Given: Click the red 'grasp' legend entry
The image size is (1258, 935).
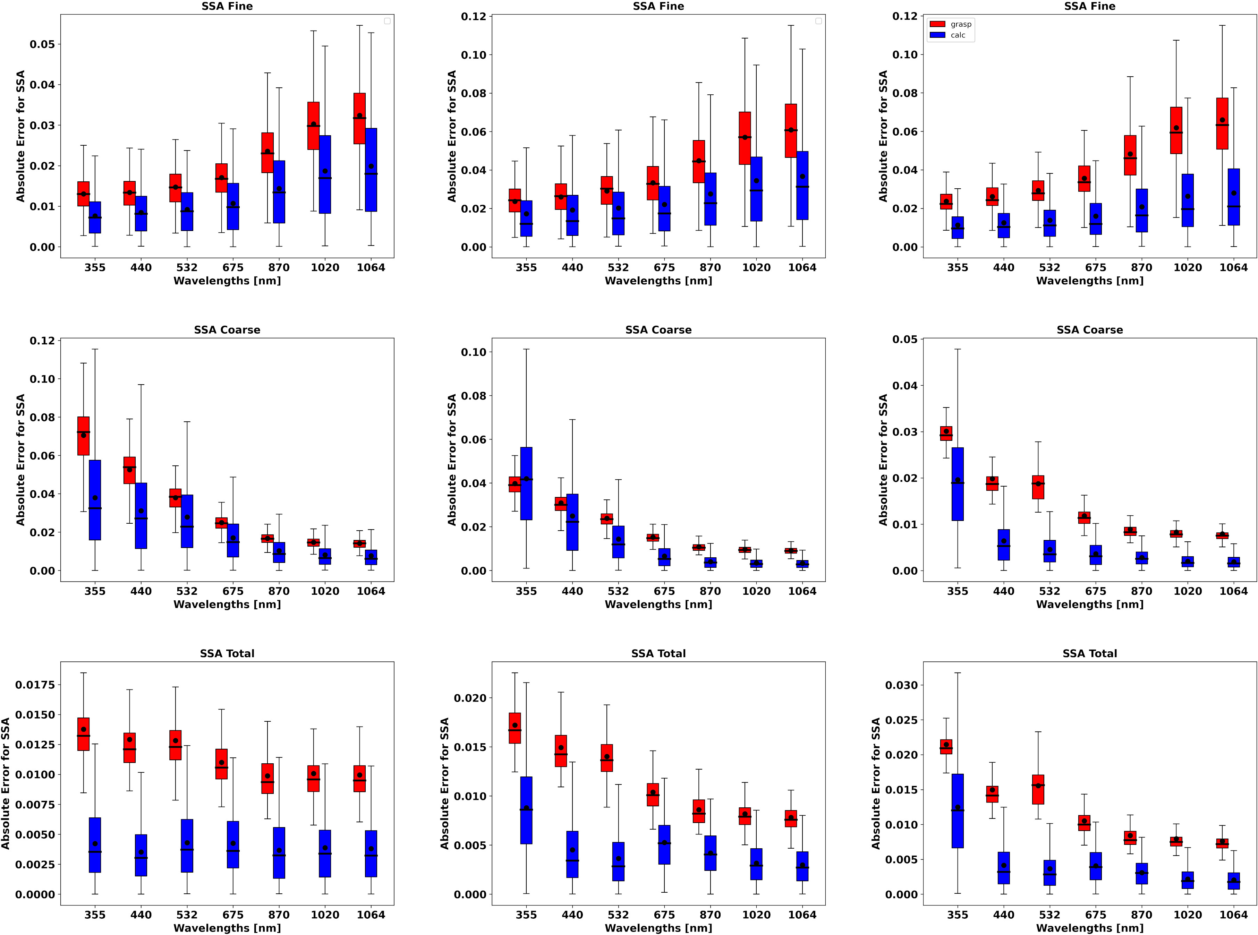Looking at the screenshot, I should [x=951, y=24].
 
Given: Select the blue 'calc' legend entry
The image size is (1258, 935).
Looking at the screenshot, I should [x=951, y=35].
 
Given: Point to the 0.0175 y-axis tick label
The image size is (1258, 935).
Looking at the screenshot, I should [x=35, y=685].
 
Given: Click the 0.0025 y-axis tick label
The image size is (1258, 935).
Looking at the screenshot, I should [x=35, y=864].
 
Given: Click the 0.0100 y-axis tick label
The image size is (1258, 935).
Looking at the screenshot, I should [x=35, y=774].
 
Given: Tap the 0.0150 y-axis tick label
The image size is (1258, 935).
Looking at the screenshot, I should [x=35, y=714].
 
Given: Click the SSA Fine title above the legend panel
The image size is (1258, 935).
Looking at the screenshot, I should [x=1089, y=6].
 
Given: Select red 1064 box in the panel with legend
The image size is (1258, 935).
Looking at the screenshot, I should [x=1222, y=123].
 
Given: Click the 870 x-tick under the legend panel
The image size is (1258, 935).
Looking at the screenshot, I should [x=1141, y=267].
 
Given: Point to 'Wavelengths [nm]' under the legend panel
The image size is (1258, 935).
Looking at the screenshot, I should [x=1089, y=281].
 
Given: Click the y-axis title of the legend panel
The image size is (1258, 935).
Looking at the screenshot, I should [x=883, y=136].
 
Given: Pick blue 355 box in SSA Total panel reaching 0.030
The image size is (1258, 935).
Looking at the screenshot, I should [x=957, y=810].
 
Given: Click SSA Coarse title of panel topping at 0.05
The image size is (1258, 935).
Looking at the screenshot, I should [x=1089, y=330].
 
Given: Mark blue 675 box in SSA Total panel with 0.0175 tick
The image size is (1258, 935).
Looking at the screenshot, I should [x=233, y=844].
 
